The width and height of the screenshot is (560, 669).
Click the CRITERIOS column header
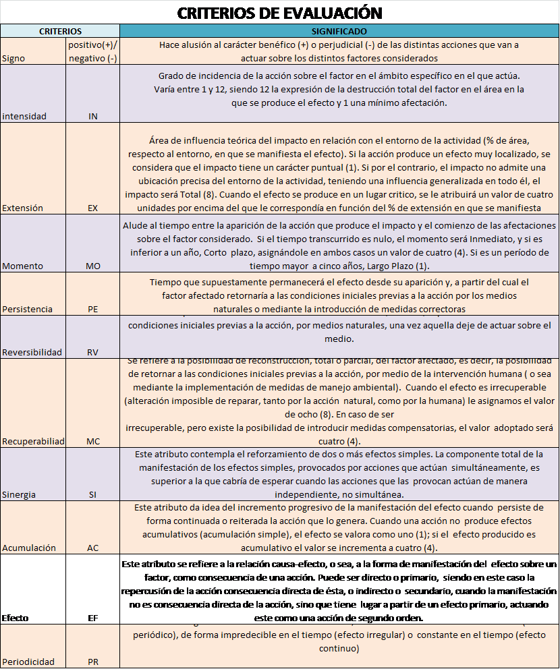pos(60,31)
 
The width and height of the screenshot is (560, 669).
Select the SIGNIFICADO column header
pos(339,31)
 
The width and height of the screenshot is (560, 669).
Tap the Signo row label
pos(14,59)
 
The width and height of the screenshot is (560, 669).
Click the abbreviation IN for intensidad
pos(93,116)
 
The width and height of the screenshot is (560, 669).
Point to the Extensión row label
pos(23,208)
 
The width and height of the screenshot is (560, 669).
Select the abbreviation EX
pos(93,208)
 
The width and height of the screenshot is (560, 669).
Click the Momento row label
pos(22,266)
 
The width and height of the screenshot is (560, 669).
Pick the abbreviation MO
pos(93,266)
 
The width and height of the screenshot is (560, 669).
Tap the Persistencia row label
pos(27,309)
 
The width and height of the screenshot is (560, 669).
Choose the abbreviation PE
pos(93,309)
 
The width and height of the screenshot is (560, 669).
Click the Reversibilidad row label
pos(32,352)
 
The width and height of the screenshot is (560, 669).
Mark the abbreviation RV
pos(93,352)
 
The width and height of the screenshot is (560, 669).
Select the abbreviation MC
pos(93,441)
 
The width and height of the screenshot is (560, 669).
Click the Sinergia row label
pos(20,494)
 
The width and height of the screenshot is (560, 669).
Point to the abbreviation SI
pos(93,494)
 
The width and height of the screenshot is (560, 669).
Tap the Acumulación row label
pos(28,547)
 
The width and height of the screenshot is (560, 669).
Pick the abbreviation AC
pos(93,547)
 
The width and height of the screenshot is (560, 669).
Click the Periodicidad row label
pos(28,662)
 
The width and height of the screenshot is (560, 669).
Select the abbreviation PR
pos(93,662)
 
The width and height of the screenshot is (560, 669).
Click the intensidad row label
pos(24,116)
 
